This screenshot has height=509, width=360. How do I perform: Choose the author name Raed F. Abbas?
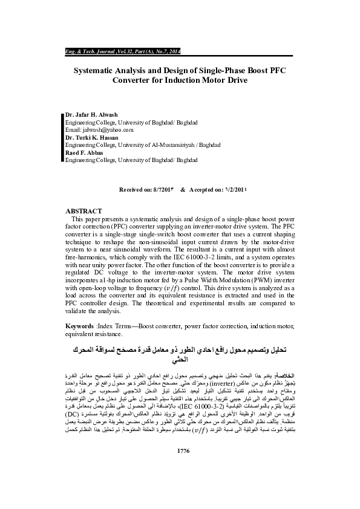pyautogui.click(x=85, y=152)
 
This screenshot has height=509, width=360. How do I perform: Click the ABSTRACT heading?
pyautogui.click(x=83, y=211)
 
